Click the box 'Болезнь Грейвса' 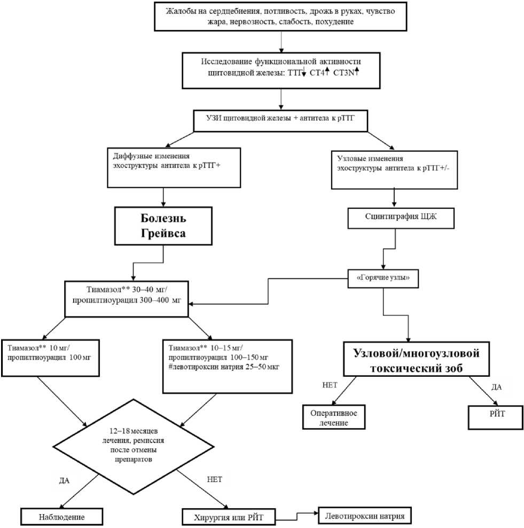[x=163, y=226]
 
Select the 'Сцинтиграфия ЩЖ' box [x=401, y=218]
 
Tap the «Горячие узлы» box [x=383, y=278]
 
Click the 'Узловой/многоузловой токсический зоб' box [x=416, y=359]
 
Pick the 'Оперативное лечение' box [x=334, y=417]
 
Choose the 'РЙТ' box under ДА [x=496, y=417]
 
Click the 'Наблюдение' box [x=61, y=517]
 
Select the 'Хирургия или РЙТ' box [x=229, y=517]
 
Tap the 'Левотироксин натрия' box [x=364, y=515]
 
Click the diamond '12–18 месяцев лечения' [x=134, y=447]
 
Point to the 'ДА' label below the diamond [x=64, y=480]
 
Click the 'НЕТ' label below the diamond [x=214, y=479]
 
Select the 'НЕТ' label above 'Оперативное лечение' [x=330, y=385]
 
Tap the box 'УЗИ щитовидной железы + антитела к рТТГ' [x=280, y=121]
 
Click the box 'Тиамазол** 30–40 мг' [x=127, y=299]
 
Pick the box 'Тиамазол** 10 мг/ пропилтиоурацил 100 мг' [x=51, y=358]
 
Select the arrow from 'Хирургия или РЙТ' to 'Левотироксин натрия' [x=296, y=515]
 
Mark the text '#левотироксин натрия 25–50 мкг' [x=224, y=367]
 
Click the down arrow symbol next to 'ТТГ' [x=303, y=72]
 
